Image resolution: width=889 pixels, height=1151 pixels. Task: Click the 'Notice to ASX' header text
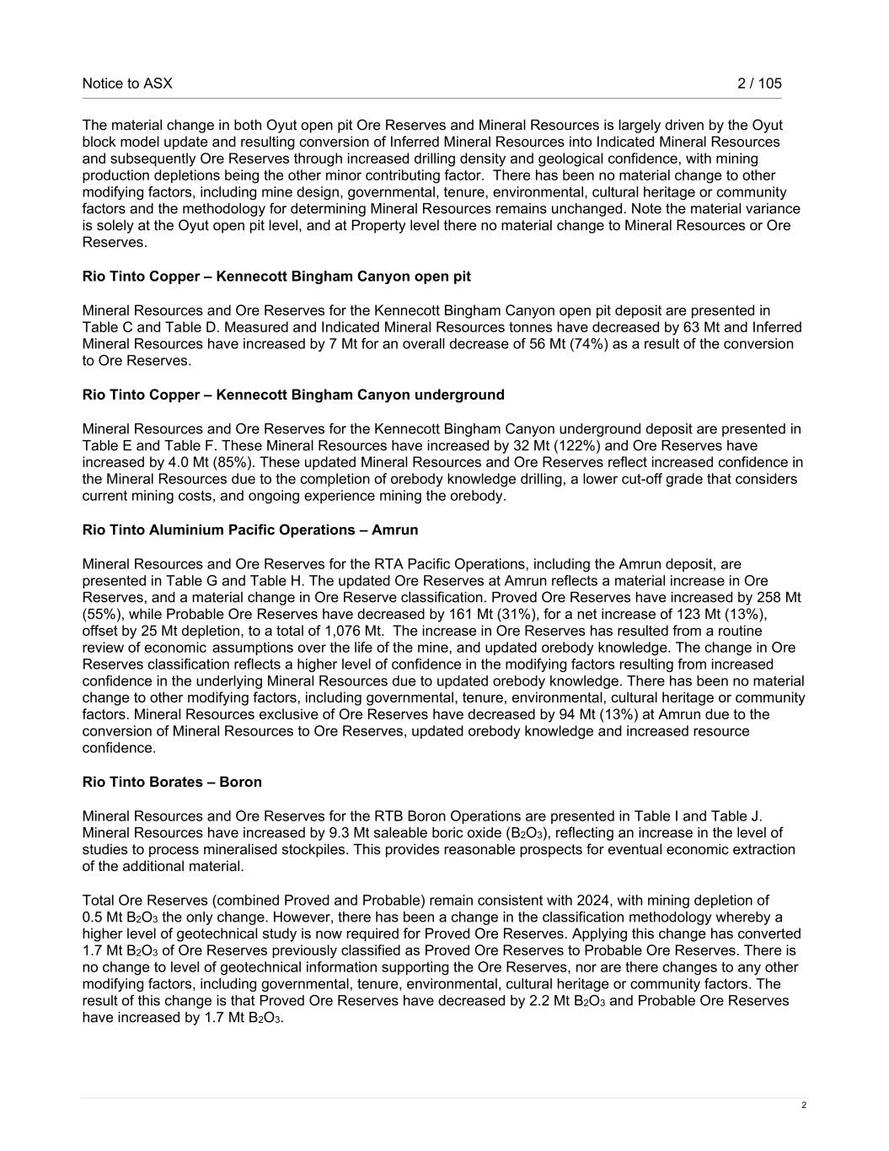127,83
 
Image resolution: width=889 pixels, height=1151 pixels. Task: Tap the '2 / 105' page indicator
759,83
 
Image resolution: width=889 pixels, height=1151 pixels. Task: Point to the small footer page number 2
804,1105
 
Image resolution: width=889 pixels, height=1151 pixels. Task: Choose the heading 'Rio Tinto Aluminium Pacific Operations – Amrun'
250,530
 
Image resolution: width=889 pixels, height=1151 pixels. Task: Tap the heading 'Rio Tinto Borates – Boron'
172,782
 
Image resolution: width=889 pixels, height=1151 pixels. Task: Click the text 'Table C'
106,327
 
